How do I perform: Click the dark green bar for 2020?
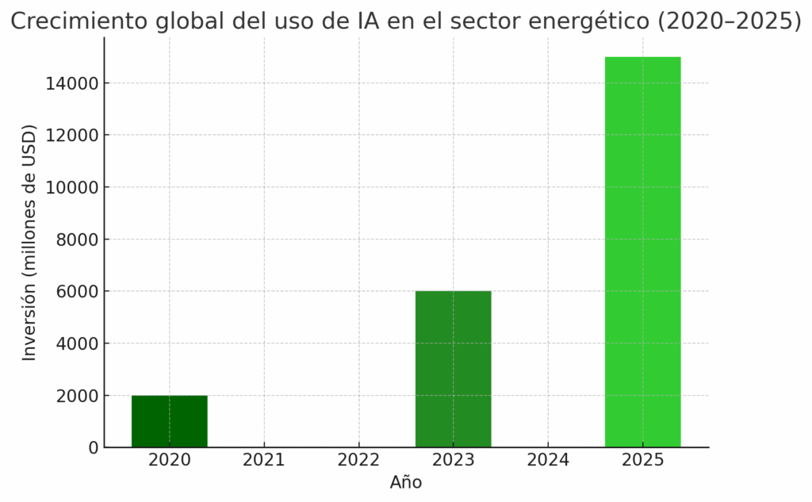169,421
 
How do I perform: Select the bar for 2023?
453,369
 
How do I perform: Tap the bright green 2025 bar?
642,252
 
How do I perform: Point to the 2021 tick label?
264,460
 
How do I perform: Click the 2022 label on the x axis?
358,460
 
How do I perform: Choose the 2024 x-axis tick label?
548,460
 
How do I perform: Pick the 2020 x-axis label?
169,460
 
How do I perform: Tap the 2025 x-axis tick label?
642,460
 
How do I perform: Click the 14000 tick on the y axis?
77,83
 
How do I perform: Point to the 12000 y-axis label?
77,136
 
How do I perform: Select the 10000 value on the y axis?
77,187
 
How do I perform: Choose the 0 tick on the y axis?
94,448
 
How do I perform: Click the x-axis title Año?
406,482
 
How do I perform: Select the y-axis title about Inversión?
29,242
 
